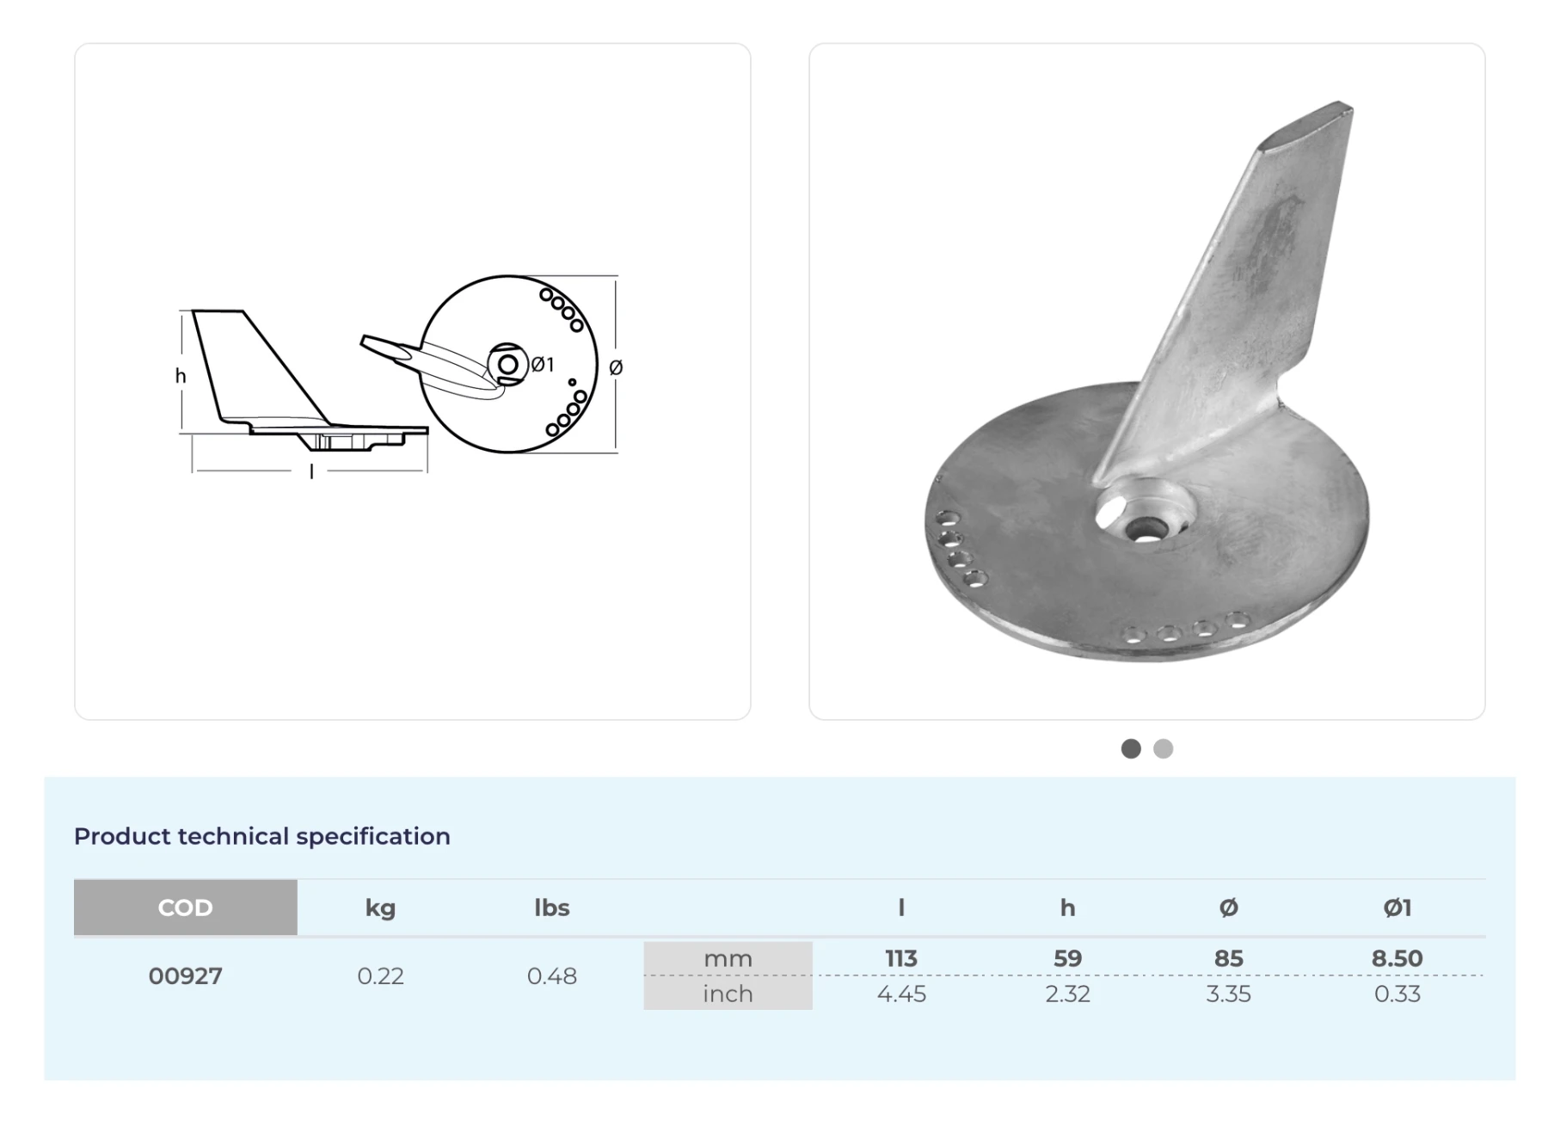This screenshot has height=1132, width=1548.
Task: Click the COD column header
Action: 185,907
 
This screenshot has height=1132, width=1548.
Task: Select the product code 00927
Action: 185,976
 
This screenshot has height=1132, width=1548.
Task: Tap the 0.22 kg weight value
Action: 380,976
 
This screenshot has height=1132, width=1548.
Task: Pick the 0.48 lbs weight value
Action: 552,976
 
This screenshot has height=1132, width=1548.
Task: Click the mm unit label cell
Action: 728,958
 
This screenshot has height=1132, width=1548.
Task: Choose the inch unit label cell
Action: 728,994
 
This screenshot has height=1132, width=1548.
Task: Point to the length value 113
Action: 901,958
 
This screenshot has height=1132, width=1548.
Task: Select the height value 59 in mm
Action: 1067,958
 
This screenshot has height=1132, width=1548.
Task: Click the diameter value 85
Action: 1228,958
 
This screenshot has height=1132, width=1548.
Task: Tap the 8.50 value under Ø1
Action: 1397,958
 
